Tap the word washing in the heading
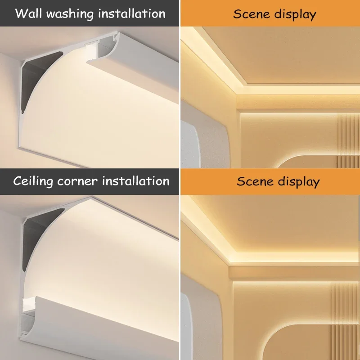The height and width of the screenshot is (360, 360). [72, 13]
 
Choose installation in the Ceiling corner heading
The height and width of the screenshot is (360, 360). [135, 181]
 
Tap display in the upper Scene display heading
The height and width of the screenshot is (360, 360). [296, 14]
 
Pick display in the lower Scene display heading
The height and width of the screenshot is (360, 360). [299, 182]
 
